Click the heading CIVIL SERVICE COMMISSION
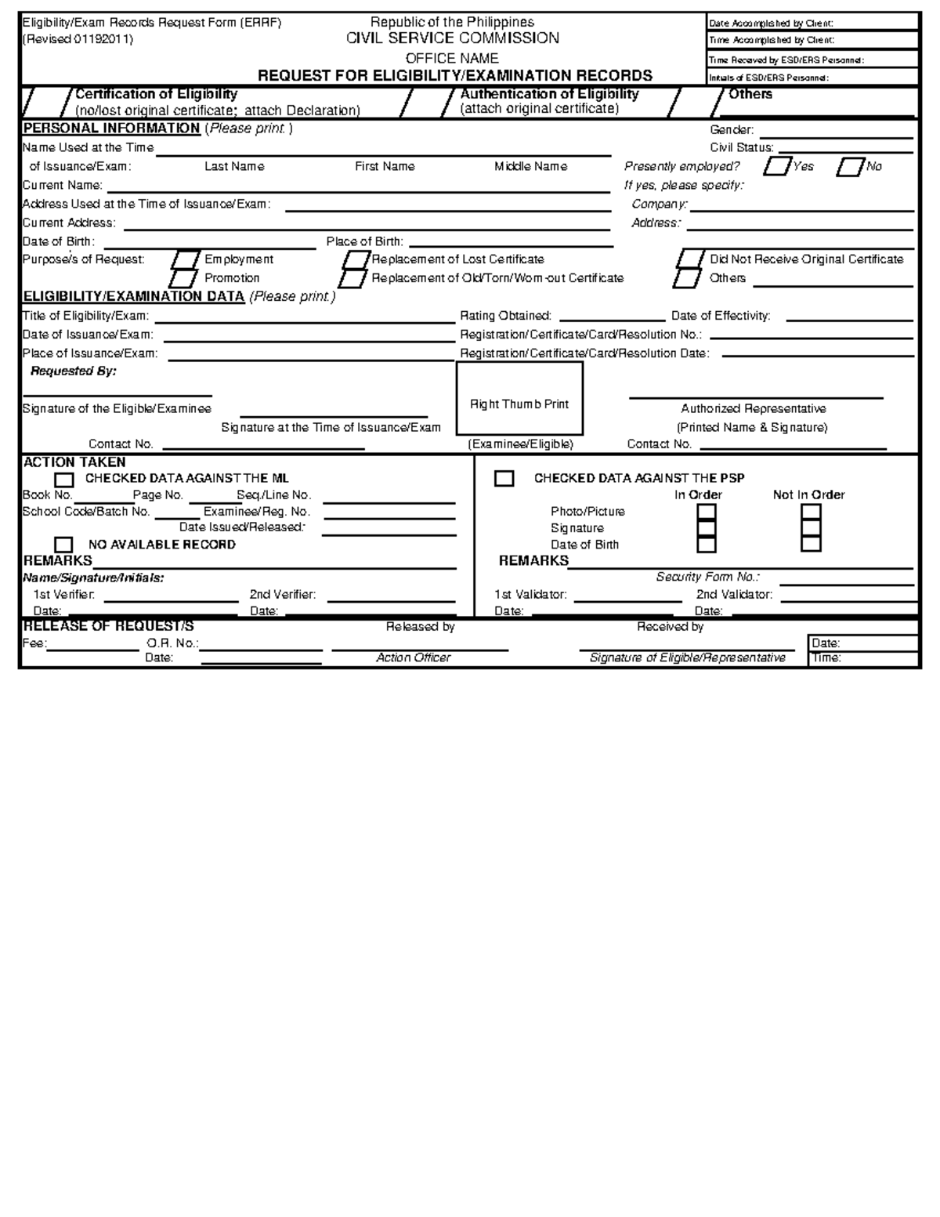(453, 38)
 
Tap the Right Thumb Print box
(519, 399)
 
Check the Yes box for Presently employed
(776, 167)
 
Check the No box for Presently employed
(850, 167)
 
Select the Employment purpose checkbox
(186, 259)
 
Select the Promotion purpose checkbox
(183, 278)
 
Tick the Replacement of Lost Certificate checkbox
(356, 259)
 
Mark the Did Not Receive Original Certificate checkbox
(691, 259)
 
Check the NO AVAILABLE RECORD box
(63, 545)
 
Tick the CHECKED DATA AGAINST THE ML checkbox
(63, 480)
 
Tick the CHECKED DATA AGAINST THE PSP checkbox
(504, 479)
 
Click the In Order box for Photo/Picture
(707, 513)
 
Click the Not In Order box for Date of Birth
(811, 545)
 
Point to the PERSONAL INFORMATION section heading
(111, 129)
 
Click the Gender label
(732, 130)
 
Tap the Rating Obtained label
(505, 316)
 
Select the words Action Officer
(413, 657)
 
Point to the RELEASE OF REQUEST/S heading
(108, 626)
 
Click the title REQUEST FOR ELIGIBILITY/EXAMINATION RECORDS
(455, 75)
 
